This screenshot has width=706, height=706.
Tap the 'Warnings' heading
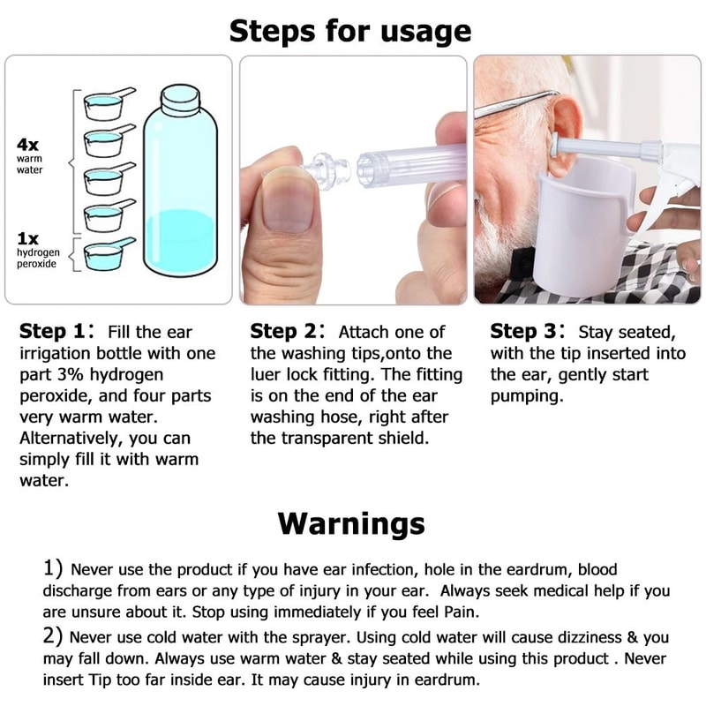coord(351,522)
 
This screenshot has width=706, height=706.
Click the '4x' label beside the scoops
coord(28,145)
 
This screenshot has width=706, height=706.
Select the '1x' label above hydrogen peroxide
coord(28,238)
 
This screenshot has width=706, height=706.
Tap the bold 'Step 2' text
coord(287,333)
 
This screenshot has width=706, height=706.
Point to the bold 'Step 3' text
coord(527,333)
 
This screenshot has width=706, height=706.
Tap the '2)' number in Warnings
coord(54,636)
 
